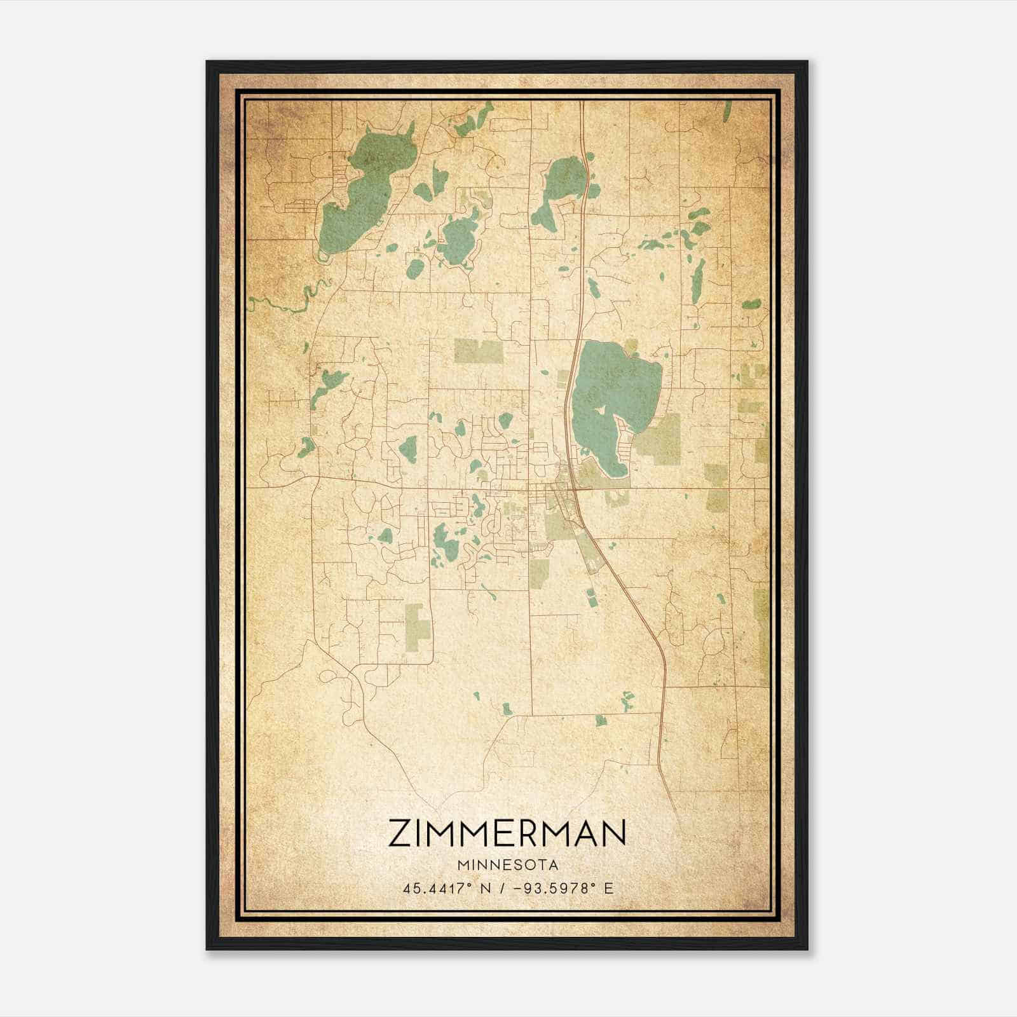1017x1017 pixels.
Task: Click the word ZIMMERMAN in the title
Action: (507, 833)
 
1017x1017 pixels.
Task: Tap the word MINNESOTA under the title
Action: (507, 865)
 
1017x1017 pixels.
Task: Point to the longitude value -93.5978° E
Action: (559, 889)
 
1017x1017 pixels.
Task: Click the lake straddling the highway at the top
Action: (563, 181)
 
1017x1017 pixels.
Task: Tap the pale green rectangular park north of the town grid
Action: (478, 351)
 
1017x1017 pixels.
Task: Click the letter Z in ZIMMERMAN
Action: (400, 833)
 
